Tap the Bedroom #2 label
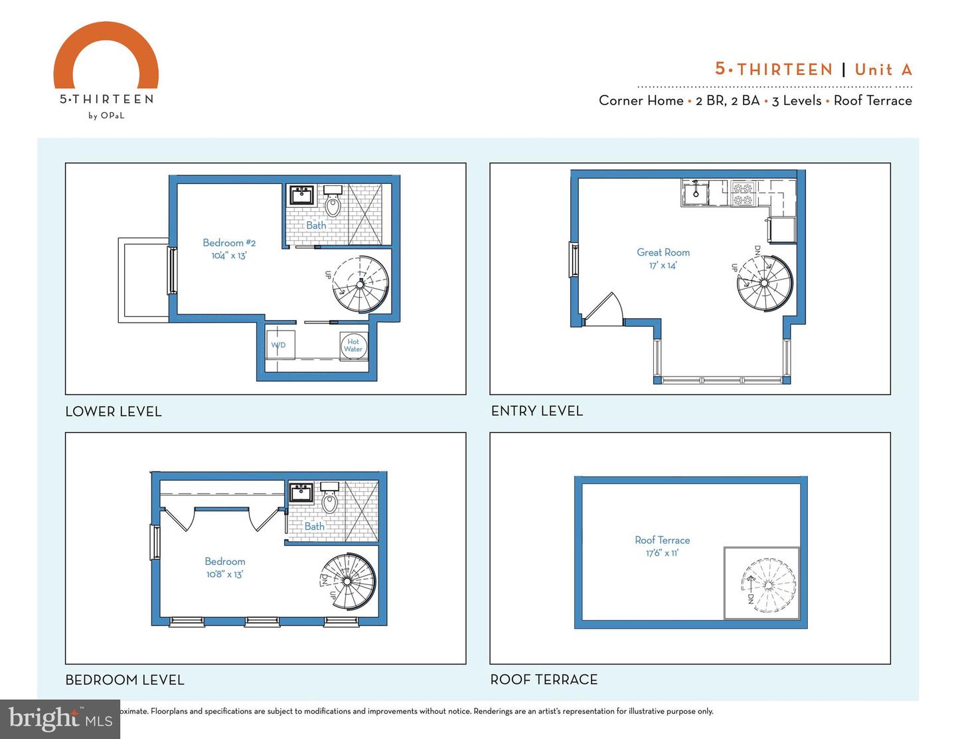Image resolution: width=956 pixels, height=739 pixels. point(229,243)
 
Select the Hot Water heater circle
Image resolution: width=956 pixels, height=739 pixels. point(353,346)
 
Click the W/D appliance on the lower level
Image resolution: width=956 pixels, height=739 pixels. point(279,345)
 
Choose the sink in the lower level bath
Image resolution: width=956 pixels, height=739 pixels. point(302,195)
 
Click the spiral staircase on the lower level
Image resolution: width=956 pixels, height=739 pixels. point(360,284)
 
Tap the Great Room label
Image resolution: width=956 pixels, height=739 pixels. point(663,252)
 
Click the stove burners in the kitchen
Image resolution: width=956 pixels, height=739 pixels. point(743,193)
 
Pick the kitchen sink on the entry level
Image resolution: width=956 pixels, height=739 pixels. point(694,193)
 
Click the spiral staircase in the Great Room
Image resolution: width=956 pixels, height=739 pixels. point(764,283)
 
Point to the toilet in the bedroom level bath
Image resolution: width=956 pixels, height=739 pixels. point(330,501)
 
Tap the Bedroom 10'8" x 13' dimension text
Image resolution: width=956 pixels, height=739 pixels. point(225,574)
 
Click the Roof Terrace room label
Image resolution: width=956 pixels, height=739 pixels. point(663,540)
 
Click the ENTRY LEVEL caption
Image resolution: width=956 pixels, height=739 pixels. point(537,411)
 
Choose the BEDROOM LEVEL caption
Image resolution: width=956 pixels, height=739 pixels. point(125,680)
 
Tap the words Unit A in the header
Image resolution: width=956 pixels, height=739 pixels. point(883,70)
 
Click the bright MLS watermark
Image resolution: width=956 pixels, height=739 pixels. point(60,718)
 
